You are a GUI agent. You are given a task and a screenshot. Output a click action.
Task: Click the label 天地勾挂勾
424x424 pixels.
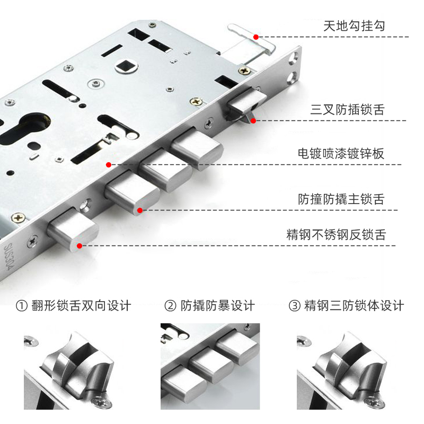(x=354, y=26)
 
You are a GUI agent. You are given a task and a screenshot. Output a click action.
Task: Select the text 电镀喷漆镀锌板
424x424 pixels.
(x=341, y=154)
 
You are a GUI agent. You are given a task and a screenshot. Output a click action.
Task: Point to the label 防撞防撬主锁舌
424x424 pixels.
(x=341, y=200)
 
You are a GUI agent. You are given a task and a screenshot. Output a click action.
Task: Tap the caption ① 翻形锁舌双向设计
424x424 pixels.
(x=74, y=306)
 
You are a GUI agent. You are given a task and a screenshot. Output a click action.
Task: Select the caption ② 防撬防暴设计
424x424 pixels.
(x=210, y=306)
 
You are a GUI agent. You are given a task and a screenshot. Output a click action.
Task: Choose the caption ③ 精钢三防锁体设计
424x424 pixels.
(x=346, y=306)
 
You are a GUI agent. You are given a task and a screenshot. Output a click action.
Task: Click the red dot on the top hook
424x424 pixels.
(x=255, y=37)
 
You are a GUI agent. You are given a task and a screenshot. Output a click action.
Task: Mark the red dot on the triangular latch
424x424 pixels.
(x=253, y=121)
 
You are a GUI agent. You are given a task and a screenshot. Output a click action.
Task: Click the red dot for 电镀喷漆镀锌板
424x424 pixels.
(x=109, y=165)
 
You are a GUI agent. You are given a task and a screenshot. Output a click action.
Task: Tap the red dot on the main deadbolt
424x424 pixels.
(x=140, y=210)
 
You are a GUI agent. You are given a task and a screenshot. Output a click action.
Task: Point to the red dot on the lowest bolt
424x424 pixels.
(x=79, y=245)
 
